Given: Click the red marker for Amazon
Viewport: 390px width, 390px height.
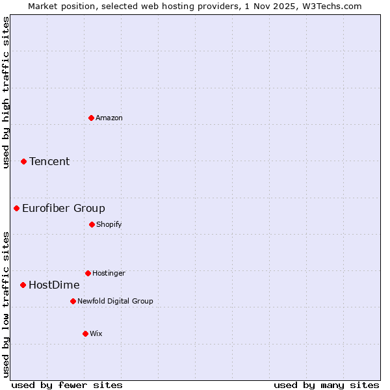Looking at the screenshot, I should pyautogui.click(x=91, y=118).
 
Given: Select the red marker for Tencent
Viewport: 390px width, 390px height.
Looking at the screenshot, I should pyautogui.click(x=23, y=161).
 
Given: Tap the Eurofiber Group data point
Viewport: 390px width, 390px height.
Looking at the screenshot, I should pyautogui.click(x=16, y=208).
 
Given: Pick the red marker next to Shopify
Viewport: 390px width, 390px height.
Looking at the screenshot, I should pyautogui.click(x=92, y=224).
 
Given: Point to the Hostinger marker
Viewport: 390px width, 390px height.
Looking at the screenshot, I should pyautogui.click(x=88, y=273).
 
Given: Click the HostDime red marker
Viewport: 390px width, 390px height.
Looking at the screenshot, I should pyautogui.click(x=23, y=285).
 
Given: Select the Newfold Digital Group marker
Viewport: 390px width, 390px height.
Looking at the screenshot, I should pyautogui.click(x=73, y=301).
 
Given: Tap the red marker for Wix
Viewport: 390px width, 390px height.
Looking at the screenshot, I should pyautogui.click(x=85, y=333).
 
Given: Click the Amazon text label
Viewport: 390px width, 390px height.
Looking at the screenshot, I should pyautogui.click(x=109, y=118).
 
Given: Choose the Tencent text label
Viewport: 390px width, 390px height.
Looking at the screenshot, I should pyautogui.click(x=49, y=161).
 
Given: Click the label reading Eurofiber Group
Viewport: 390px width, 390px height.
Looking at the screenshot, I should pyautogui.click(x=63, y=208).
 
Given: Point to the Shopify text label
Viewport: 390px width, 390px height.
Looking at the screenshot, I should pyautogui.click(x=109, y=224).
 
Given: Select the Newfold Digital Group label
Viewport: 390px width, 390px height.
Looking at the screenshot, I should pyautogui.click(x=115, y=301).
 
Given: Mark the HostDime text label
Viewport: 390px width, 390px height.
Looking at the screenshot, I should pyautogui.click(x=54, y=285).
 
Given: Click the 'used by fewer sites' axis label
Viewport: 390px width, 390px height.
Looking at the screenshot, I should pyautogui.click(x=67, y=385).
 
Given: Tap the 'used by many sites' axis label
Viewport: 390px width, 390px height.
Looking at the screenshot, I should pyautogui.click(x=326, y=385).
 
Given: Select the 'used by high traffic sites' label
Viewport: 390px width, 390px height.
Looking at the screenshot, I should pyautogui.click(x=6, y=93).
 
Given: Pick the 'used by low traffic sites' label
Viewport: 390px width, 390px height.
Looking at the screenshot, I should pyautogui.click(x=6, y=304).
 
